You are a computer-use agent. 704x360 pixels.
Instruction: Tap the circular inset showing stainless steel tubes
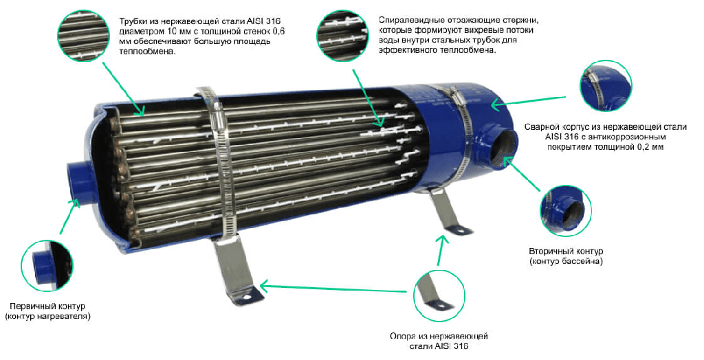[x=83, y=36]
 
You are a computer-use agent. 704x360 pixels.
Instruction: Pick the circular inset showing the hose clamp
[x=605, y=86]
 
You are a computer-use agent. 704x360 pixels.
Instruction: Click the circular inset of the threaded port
[x=566, y=211]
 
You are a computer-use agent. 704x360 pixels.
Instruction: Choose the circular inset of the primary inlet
[x=47, y=265]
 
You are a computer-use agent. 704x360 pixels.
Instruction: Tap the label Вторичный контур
[x=566, y=251]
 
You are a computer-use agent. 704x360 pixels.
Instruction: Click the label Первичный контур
[x=47, y=306]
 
